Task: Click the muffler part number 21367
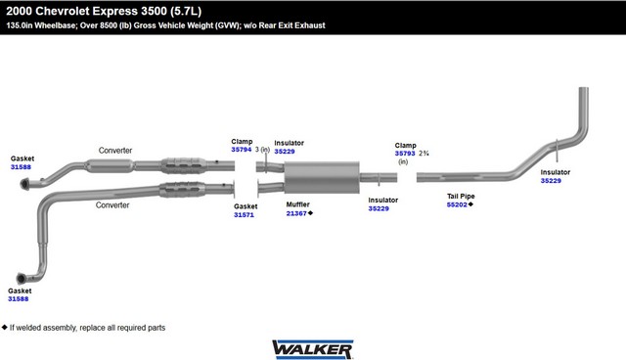[x=296, y=213]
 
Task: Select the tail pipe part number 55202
[x=457, y=204]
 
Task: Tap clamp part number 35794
[x=242, y=150]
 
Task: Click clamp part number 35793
[x=405, y=154]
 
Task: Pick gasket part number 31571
[x=244, y=214]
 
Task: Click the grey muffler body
[x=322, y=177]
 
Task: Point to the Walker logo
[x=313, y=349]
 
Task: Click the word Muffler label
[x=297, y=204]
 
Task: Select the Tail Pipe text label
[x=461, y=196]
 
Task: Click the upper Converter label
[x=115, y=151]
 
